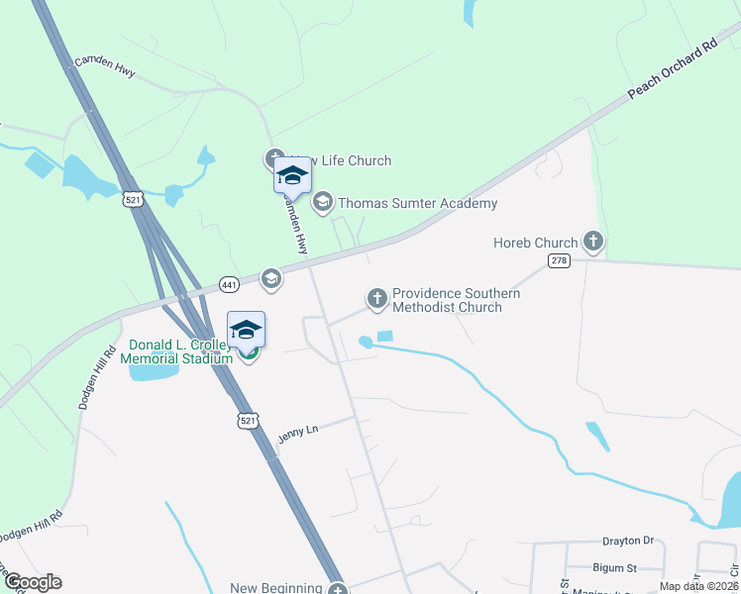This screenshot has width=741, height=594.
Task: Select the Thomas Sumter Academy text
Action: point(417,204)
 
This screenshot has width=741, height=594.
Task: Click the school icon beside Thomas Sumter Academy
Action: point(322,203)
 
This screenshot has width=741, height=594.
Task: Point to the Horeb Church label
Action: point(535,243)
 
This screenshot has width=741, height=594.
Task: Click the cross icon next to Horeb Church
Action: point(592,242)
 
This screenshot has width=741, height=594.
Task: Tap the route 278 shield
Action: point(559,260)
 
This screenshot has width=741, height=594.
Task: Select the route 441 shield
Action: point(229,284)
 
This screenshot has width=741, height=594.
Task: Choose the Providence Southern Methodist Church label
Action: point(456,300)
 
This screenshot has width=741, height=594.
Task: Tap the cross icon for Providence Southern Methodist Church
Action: point(376,297)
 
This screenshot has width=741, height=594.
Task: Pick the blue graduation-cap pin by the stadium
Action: point(247,329)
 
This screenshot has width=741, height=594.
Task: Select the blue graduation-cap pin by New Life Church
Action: point(292,175)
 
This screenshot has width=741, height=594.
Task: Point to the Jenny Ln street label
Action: point(296,437)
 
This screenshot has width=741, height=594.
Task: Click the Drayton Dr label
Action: point(629,542)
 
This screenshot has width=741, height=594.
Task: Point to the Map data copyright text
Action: point(698,586)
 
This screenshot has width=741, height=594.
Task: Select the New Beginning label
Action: point(276,588)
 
